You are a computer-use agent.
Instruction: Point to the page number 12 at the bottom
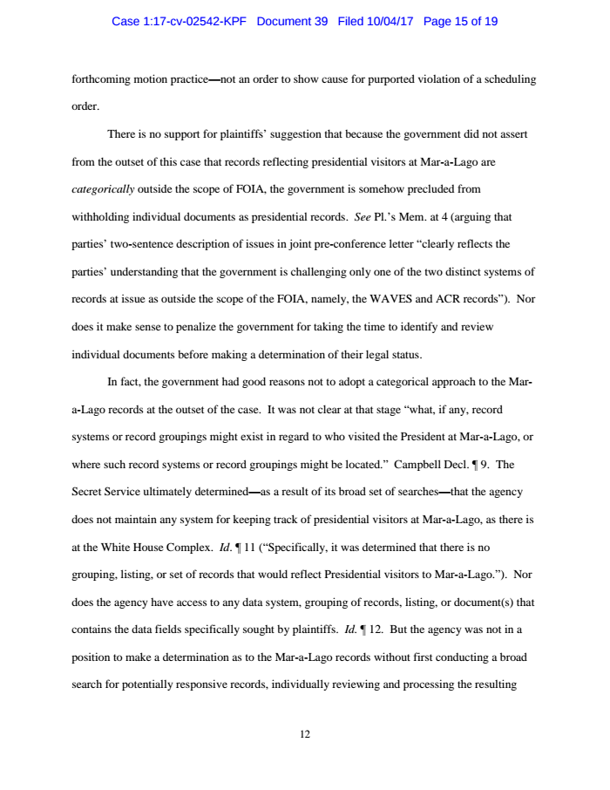305,734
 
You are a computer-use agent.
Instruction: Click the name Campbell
418,464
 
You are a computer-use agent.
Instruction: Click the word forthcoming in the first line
103,78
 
